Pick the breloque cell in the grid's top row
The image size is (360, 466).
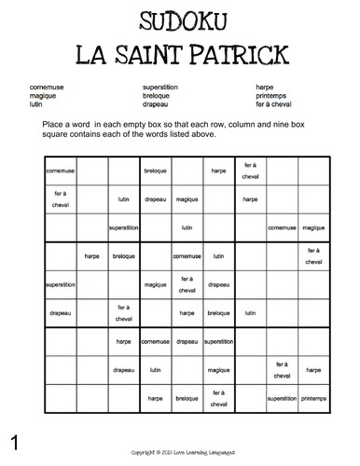pyautogui.click(x=155, y=171)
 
